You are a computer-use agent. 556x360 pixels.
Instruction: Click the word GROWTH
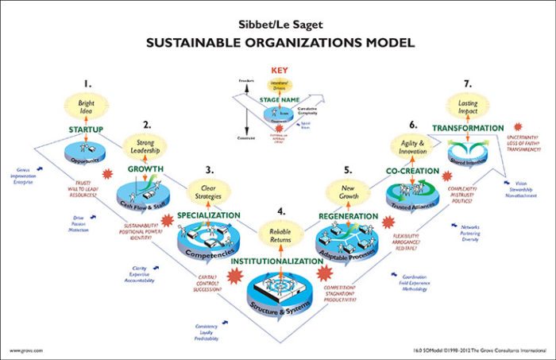144,169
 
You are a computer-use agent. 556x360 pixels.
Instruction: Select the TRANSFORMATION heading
468,128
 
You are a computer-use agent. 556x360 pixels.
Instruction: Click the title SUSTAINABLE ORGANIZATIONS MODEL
277,43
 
